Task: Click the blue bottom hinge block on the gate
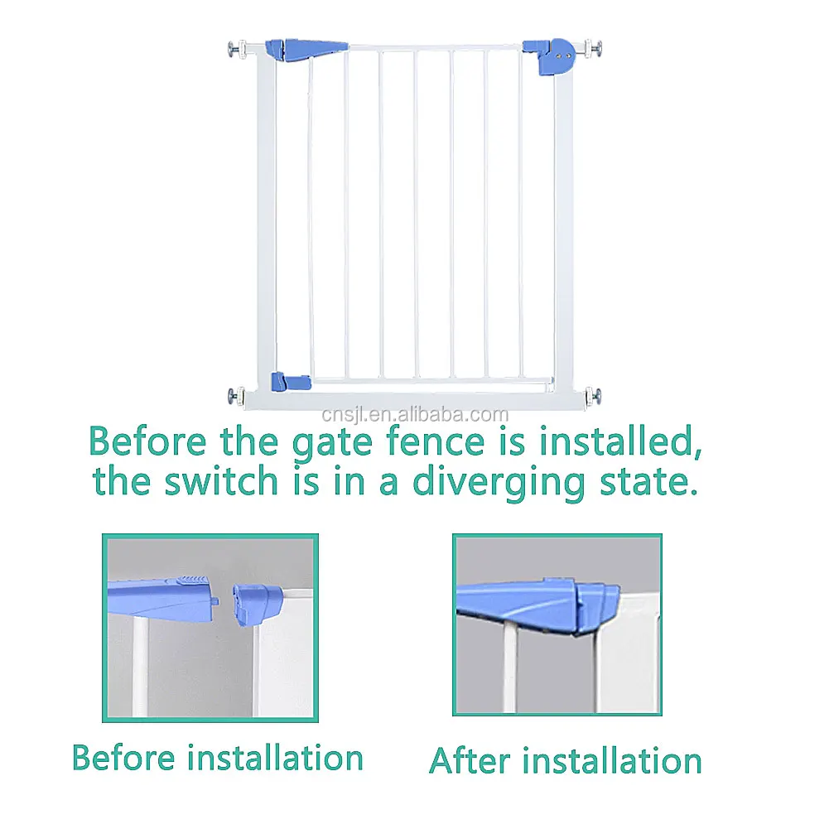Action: point(290,382)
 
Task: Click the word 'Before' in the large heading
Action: point(148,442)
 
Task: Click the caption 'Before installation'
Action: point(218,758)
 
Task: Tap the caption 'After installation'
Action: point(565,760)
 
